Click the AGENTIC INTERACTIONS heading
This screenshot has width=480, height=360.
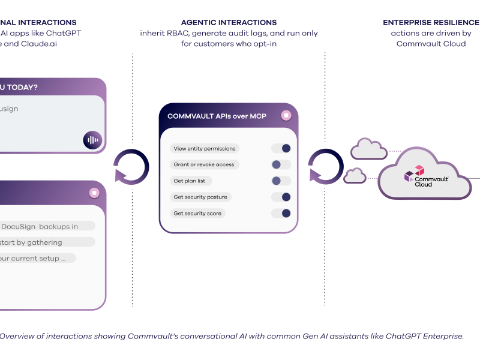click(x=229, y=23)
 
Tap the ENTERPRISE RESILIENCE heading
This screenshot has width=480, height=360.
click(x=431, y=23)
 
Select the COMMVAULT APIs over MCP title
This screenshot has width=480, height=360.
click(x=217, y=116)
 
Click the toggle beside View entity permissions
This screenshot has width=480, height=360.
click(x=281, y=148)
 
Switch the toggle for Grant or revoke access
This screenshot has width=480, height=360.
click(x=281, y=164)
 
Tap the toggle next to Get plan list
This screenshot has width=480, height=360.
click(x=281, y=181)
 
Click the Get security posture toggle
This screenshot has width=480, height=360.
click(x=281, y=197)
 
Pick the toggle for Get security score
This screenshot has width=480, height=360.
click(x=281, y=213)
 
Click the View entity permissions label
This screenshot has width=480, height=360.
click(x=204, y=148)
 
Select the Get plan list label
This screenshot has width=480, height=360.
click(x=193, y=181)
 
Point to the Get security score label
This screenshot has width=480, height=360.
click(x=197, y=213)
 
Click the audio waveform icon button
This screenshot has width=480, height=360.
click(x=92, y=140)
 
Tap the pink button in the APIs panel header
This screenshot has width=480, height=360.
click(x=286, y=115)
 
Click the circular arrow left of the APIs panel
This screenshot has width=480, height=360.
click(x=131, y=166)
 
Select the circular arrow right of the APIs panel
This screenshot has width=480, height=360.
click(x=326, y=166)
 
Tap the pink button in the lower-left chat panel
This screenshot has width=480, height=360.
click(x=94, y=193)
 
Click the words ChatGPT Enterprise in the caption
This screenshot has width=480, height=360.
click(x=425, y=336)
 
